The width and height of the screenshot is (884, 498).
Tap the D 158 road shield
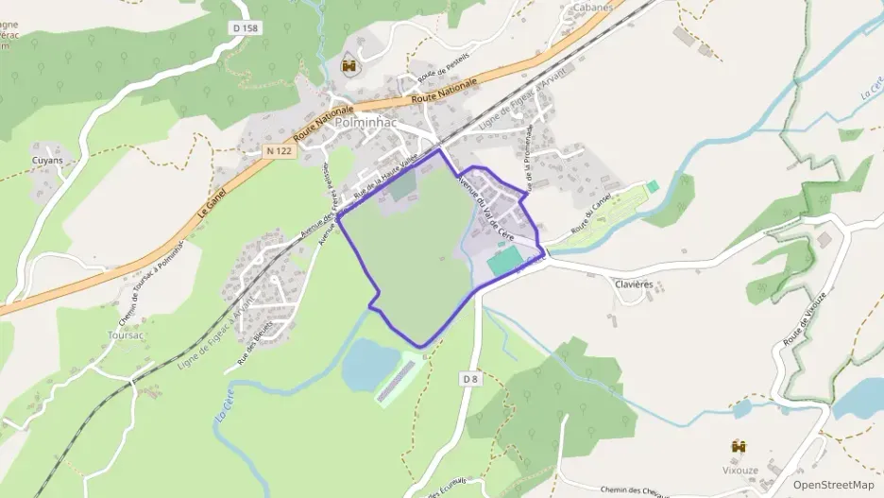244,28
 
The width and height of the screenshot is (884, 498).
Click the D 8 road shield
471,378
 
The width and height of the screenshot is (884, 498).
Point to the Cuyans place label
46,161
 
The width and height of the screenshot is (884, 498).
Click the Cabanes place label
592,7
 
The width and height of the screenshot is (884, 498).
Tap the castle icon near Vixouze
739,445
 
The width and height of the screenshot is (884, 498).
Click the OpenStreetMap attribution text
833,484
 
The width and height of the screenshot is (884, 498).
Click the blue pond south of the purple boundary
367,364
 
